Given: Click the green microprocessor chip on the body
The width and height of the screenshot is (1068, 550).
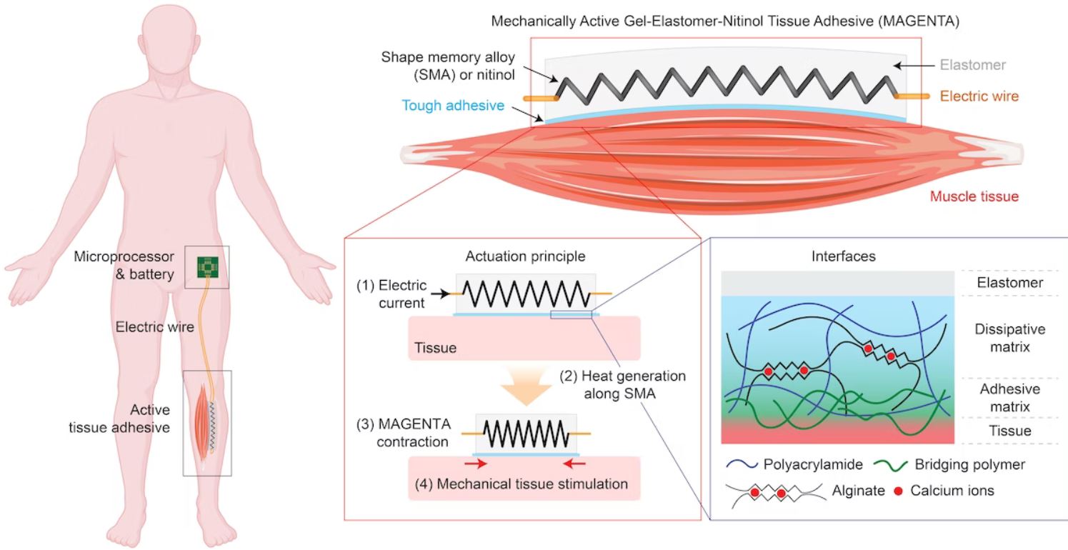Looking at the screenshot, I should point(207,267).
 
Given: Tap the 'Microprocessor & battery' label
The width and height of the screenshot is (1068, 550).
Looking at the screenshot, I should point(124,266).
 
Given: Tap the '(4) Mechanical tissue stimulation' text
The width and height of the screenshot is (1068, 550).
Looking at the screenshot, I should point(521,484).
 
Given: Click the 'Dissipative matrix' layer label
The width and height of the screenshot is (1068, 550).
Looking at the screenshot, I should point(1009,338).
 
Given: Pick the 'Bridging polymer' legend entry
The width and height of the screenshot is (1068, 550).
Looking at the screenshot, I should point(968,464).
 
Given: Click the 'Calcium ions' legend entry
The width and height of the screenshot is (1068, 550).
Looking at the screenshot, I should point(949,491).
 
